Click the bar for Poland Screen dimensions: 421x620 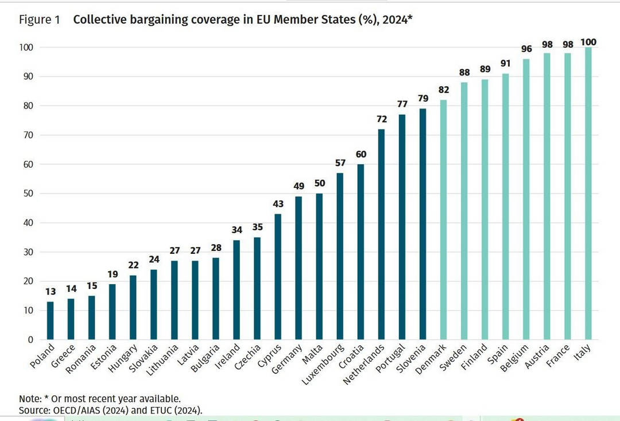(50, 320)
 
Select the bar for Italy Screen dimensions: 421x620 (588, 194)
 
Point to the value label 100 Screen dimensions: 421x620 (588, 42)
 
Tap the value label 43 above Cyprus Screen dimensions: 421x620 (278, 204)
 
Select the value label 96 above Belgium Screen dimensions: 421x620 (526, 49)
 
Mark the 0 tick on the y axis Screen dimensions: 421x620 (30, 339)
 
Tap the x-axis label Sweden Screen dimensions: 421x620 (457, 357)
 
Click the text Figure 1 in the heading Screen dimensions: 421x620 (40, 20)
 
